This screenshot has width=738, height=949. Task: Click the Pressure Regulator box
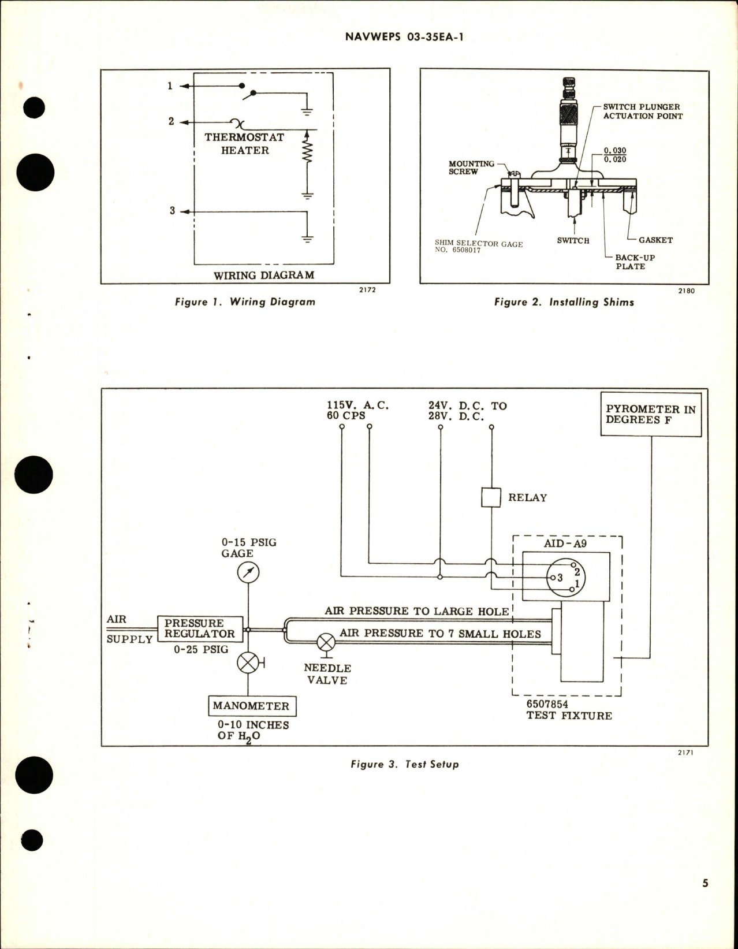(x=200, y=628)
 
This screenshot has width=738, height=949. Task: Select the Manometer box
(x=251, y=706)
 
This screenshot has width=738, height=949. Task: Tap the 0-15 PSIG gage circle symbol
(x=248, y=573)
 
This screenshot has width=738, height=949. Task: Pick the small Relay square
(x=491, y=497)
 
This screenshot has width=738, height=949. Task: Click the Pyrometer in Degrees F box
(x=651, y=414)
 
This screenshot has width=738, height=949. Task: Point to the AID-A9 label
(x=565, y=544)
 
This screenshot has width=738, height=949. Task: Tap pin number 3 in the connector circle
(x=559, y=577)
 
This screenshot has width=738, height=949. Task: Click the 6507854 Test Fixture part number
(x=547, y=705)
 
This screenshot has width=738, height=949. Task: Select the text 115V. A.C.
(x=357, y=405)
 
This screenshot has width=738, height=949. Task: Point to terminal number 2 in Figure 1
(x=171, y=122)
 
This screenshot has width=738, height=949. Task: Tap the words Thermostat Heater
(x=244, y=144)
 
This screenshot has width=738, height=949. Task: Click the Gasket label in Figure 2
(x=655, y=240)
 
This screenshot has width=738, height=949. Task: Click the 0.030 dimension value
(x=615, y=151)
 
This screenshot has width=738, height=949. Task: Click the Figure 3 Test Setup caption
(x=404, y=764)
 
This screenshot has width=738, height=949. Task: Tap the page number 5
(x=705, y=899)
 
